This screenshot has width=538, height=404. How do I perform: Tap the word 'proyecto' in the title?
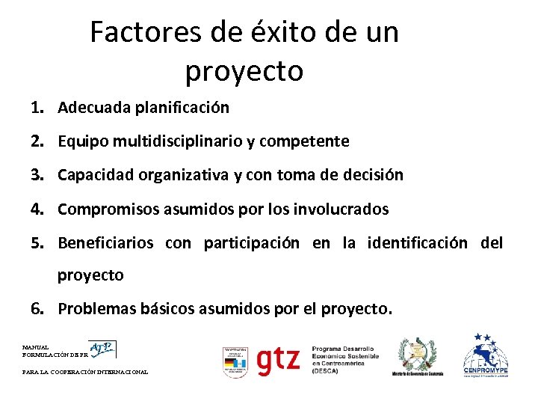click(x=244, y=71)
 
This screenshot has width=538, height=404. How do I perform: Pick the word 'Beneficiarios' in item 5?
click(x=105, y=243)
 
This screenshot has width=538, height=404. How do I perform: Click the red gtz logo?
click(x=278, y=361)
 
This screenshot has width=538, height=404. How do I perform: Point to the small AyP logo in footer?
click(x=102, y=348)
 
